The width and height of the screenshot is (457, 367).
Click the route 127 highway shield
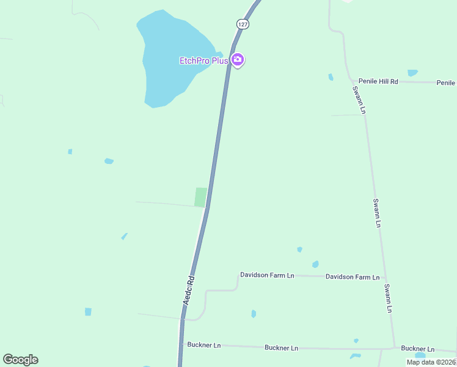(x=243, y=24)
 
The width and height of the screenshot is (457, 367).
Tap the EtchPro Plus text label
(x=203, y=61)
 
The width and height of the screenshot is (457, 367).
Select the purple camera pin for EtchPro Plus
(x=238, y=60)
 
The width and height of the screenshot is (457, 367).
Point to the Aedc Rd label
(x=189, y=291)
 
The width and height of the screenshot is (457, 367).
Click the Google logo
(x=20, y=360)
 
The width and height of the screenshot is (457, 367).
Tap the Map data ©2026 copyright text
(x=431, y=362)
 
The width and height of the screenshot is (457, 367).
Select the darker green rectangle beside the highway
(x=200, y=197)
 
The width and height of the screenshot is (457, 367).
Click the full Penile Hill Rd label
(x=378, y=81)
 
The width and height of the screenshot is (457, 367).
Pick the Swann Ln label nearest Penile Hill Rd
(x=360, y=99)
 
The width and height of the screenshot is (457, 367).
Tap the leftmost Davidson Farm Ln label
(x=267, y=275)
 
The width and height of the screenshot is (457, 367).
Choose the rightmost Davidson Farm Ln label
(x=353, y=277)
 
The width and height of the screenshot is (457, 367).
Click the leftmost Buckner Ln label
(x=204, y=345)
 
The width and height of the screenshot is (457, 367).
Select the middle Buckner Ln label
(x=281, y=347)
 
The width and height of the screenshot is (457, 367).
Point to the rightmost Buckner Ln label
(x=418, y=349)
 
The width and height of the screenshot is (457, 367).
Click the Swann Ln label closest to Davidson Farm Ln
(x=387, y=298)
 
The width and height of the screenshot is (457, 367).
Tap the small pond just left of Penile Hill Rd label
(x=331, y=77)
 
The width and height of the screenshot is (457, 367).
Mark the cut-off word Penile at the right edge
(x=446, y=83)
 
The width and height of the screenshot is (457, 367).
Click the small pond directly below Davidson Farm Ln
(x=254, y=314)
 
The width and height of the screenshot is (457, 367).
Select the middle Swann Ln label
(x=377, y=213)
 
